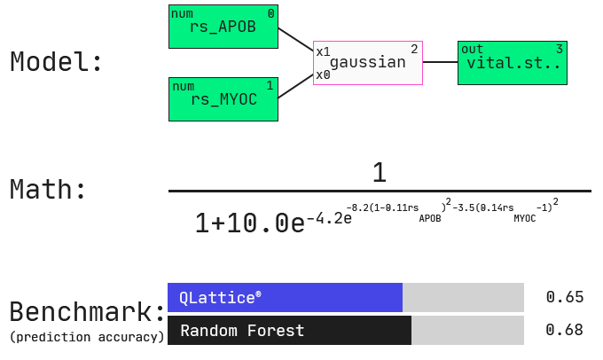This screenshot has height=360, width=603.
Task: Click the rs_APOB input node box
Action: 223,27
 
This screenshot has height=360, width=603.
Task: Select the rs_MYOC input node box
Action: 223,99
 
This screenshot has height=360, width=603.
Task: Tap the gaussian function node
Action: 368,63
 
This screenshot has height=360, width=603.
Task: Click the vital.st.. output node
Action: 513,63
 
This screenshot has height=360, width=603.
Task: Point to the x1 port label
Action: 323,51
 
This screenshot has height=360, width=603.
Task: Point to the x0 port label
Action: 323,75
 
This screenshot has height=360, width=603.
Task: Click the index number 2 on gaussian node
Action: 414,49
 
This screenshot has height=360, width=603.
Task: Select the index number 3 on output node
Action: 560,49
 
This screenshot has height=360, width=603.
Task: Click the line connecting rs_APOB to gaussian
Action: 295,39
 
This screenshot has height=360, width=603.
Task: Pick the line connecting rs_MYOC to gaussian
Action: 295,86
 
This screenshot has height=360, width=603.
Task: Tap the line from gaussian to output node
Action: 441,62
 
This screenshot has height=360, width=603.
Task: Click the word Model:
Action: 56,61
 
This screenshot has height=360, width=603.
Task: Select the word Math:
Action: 48,189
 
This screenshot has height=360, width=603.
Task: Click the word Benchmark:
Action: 87,311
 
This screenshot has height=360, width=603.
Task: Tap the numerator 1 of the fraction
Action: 380,172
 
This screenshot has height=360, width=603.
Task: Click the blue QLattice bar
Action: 285,297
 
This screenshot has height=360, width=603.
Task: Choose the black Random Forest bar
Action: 290,331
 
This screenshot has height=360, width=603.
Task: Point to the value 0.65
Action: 565,297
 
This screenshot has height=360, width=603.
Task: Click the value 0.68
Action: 565,330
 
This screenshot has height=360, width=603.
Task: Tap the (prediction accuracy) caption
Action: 87,337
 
